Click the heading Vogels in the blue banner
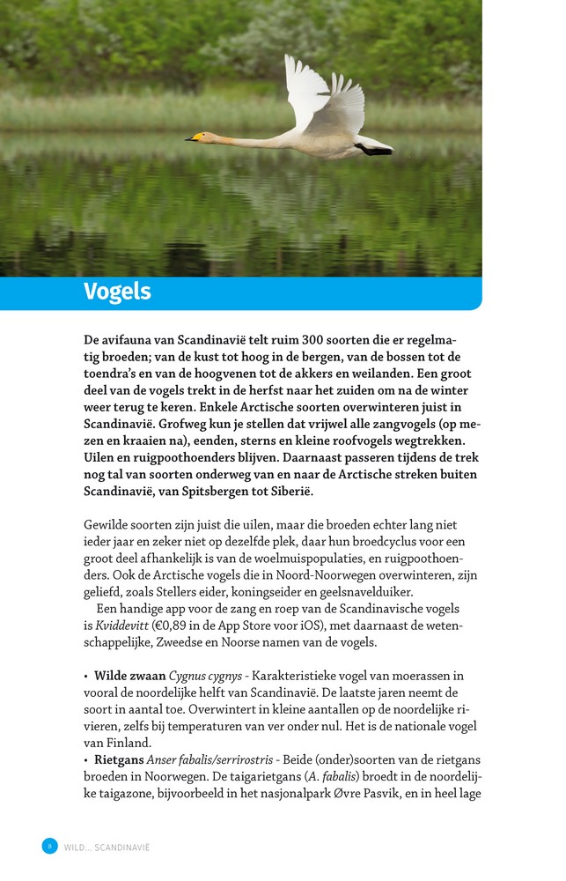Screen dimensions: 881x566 pos(117,292)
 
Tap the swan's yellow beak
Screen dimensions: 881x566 pos(193,138)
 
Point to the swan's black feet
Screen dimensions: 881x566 pos(374,150)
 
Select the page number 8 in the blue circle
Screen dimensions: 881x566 pos(50,847)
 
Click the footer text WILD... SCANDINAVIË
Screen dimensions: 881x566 pos(107,848)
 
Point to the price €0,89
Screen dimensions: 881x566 pos(173,626)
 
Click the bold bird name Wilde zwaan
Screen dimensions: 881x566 pos(129,676)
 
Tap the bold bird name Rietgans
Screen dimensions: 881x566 pos(120,759)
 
